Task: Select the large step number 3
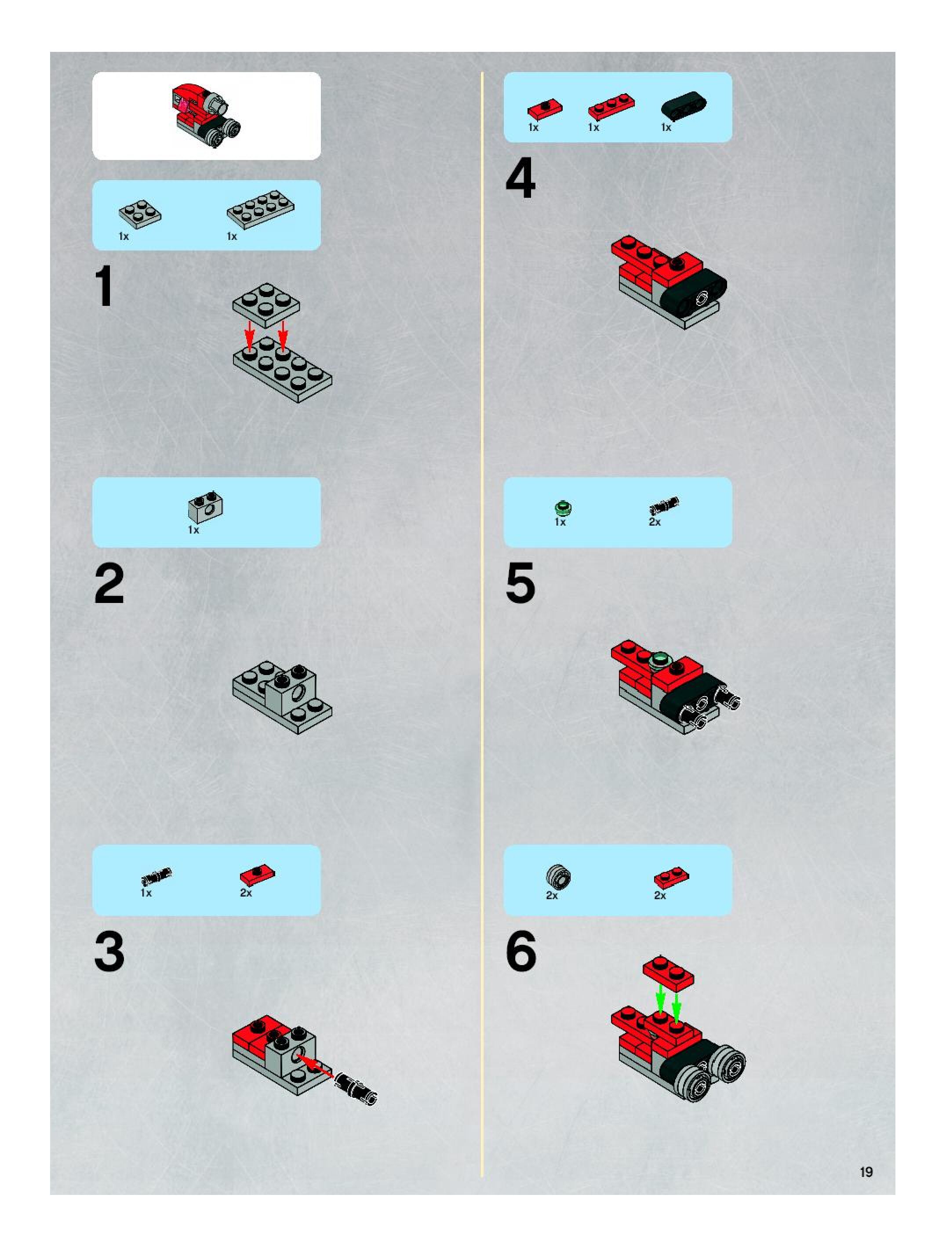(x=109, y=952)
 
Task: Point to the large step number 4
(x=520, y=178)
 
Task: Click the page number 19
(x=866, y=1172)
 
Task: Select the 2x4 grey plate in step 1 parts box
(x=260, y=210)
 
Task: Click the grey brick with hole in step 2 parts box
(x=205, y=505)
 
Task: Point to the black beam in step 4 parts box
(x=684, y=105)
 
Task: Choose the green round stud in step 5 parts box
(x=561, y=508)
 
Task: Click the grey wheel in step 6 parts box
(x=558, y=877)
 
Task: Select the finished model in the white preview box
(x=207, y=115)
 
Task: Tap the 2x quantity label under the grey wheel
(x=552, y=896)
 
